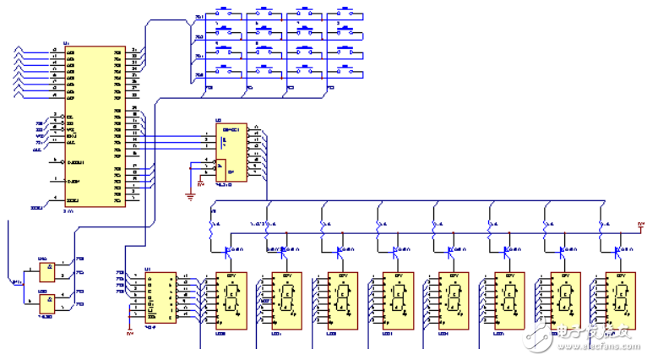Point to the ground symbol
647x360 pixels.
(x=192, y=196)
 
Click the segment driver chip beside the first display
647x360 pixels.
(x=160, y=297)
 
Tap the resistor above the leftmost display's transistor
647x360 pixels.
(x=211, y=226)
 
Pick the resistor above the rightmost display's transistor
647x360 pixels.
(x=601, y=226)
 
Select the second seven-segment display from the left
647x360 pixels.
(x=285, y=299)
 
